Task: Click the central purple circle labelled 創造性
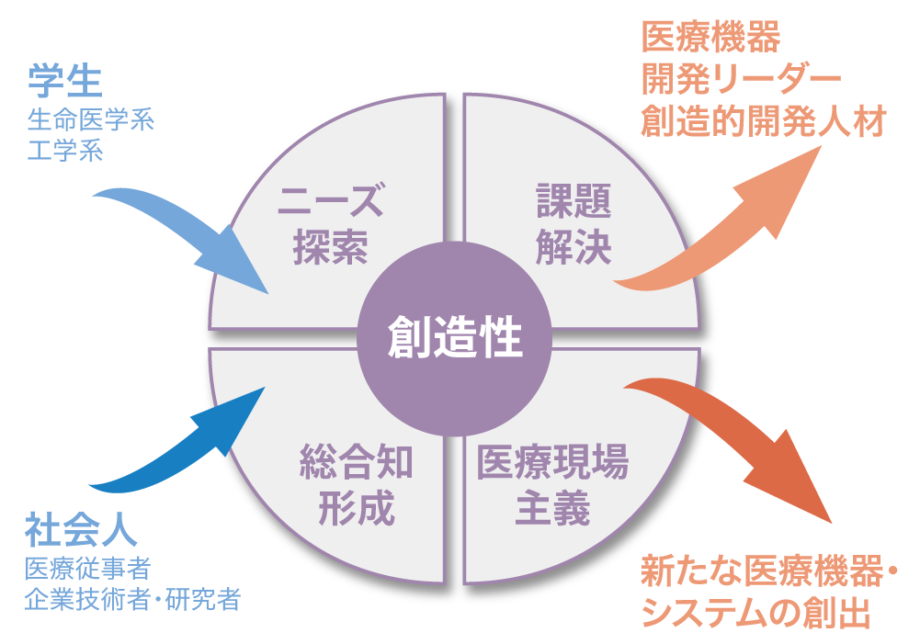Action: point(454,338)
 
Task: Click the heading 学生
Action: point(64,83)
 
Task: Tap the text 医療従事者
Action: point(88,570)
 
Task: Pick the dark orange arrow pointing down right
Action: point(735,441)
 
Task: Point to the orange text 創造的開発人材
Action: point(762,121)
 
